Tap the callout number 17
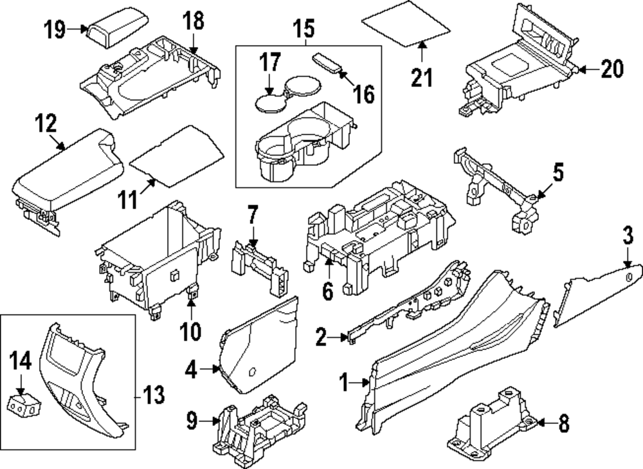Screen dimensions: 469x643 [x=271, y=62]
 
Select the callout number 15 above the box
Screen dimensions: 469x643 [x=304, y=28]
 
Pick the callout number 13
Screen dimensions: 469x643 [x=154, y=393]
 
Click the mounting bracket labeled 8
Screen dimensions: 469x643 [x=493, y=425]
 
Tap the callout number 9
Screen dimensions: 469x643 [x=191, y=421]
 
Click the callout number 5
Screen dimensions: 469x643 [x=557, y=172]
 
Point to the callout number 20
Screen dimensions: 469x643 [x=611, y=69]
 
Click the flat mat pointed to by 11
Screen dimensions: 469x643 [x=177, y=154]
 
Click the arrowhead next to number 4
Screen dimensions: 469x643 [x=216, y=369]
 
